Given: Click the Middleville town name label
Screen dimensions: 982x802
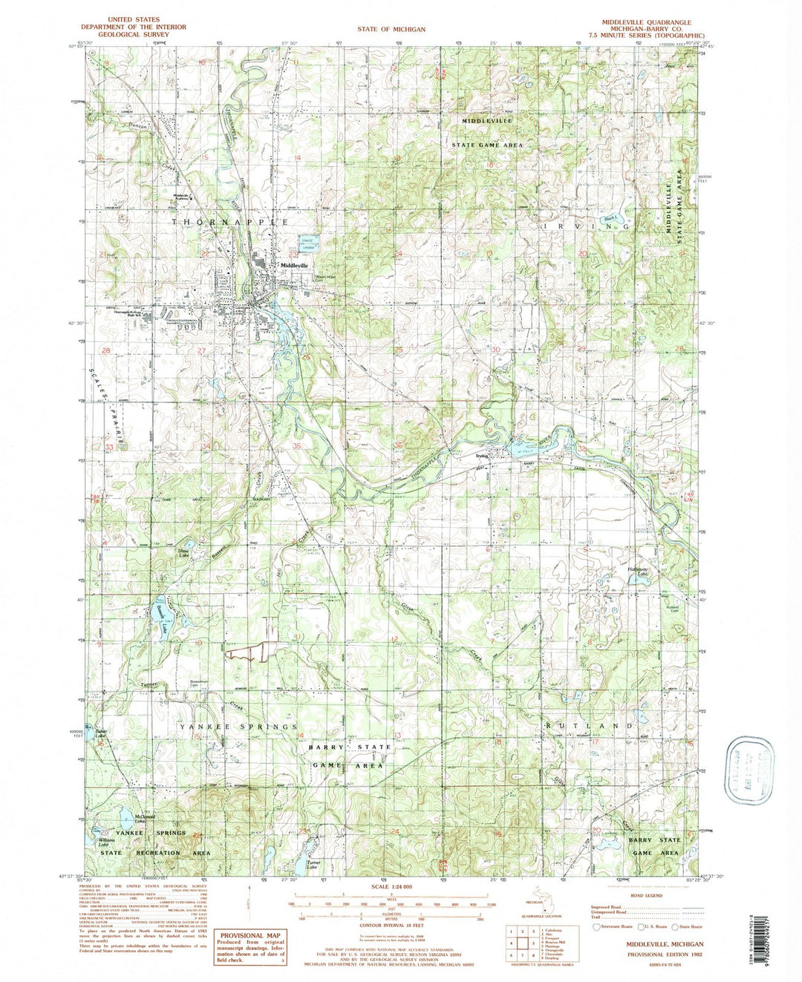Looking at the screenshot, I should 293,266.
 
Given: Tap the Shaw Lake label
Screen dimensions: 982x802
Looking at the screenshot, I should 180,553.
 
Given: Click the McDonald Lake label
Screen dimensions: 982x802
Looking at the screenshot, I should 123,819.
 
